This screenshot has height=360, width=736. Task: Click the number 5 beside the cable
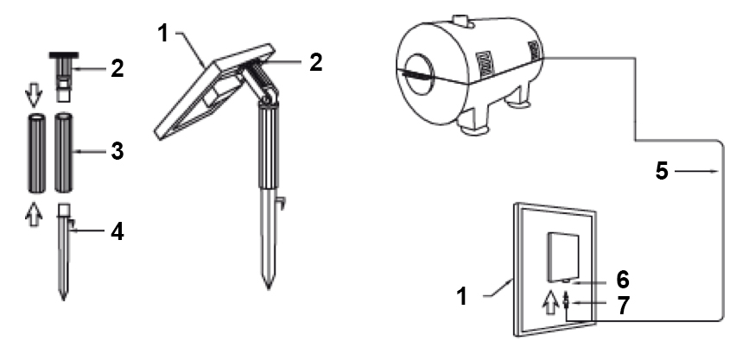pyautogui.click(x=662, y=171)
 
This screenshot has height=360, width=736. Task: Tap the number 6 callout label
pyautogui.click(x=623, y=280)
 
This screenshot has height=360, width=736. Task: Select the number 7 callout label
pyautogui.click(x=623, y=306)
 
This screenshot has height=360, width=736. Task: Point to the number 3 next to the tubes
pyautogui.click(x=117, y=151)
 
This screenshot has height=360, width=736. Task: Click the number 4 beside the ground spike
pyautogui.click(x=117, y=231)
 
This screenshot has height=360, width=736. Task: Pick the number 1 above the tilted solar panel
pyautogui.click(x=163, y=33)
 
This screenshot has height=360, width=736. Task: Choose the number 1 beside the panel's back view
pyautogui.click(x=462, y=297)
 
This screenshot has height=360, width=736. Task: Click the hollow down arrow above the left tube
pyautogui.click(x=34, y=95)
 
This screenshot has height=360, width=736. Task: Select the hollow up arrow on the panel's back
pyautogui.click(x=549, y=303)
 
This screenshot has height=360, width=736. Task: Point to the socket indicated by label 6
pyautogui.click(x=566, y=281)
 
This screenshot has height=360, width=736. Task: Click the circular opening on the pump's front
pyautogui.click(x=418, y=74)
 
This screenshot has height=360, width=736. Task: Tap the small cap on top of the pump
pyautogui.click(x=460, y=21)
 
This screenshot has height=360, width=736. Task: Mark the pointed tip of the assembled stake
pyautogui.click(x=269, y=287)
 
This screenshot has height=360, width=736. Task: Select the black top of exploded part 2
pyautogui.click(x=63, y=56)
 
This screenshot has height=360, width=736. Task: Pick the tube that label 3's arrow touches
pyautogui.click(x=64, y=152)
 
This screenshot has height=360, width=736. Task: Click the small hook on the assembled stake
pyautogui.click(x=281, y=203)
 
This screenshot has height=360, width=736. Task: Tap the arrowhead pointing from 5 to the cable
pyautogui.click(x=715, y=172)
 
